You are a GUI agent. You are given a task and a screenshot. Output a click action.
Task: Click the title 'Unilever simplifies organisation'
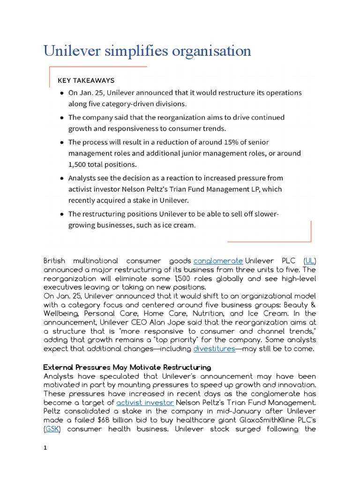coord(147,51)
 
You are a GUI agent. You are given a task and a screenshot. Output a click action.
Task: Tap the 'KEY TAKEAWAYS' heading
coord(86,81)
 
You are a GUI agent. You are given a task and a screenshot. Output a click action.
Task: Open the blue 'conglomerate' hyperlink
coord(218,260)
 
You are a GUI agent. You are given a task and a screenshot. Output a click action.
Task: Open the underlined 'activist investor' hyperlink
coord(145,402)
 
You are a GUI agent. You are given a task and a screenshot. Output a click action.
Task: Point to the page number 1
coord(45,448)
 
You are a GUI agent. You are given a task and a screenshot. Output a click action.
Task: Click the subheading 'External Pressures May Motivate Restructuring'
coord(127,367)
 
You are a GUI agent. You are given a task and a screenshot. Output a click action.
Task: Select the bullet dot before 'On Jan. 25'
coord(62,93)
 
